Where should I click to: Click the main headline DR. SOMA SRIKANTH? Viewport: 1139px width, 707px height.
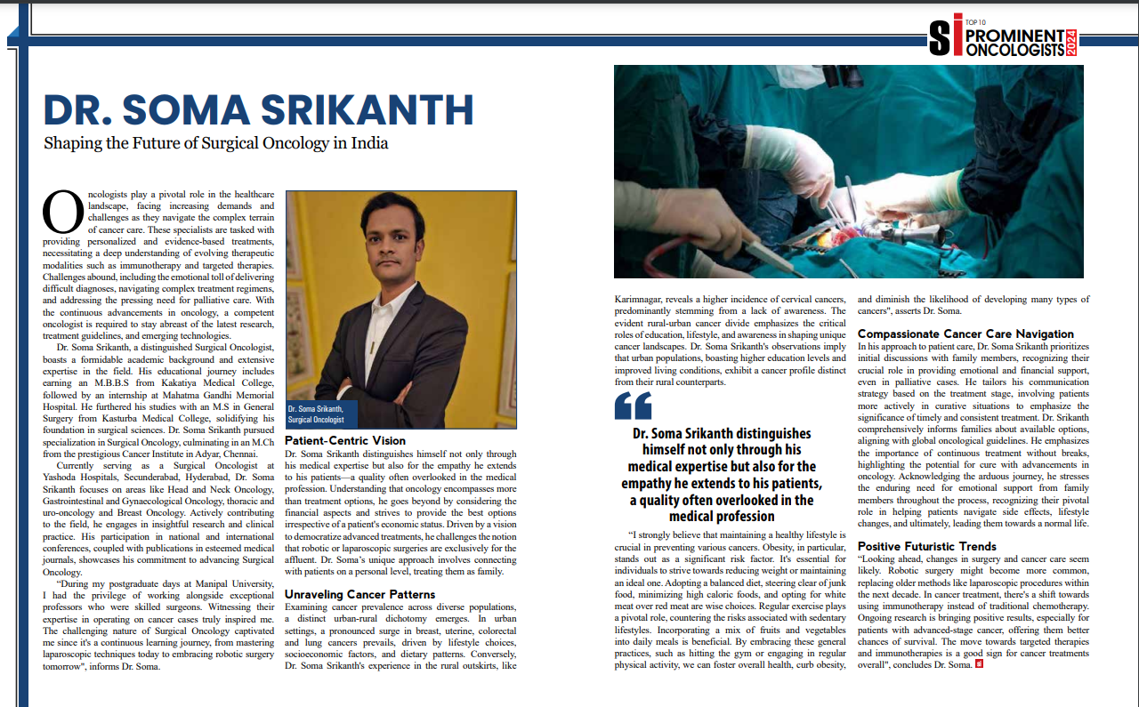coord(258,109)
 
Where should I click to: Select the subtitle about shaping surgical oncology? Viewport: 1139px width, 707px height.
coord(216,142)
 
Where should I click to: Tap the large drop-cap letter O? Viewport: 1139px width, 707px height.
coord(62,213)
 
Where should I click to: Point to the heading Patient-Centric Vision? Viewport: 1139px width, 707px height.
coord(345,440)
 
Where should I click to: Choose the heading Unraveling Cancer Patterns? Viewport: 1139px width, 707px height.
coord(359,594)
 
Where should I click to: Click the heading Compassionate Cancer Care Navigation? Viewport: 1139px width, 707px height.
coord(965,333)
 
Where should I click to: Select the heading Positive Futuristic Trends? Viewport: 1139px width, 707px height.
coord(926,546)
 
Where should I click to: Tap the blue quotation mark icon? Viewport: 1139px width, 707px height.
coord(633,406)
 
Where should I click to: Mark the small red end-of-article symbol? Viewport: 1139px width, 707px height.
coord(980,664)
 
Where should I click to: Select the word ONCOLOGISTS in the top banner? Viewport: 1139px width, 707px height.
coord(1015,50)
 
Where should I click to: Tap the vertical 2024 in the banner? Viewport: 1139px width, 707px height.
coord(1072,43)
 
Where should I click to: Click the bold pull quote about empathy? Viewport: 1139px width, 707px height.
coord(722,475)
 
